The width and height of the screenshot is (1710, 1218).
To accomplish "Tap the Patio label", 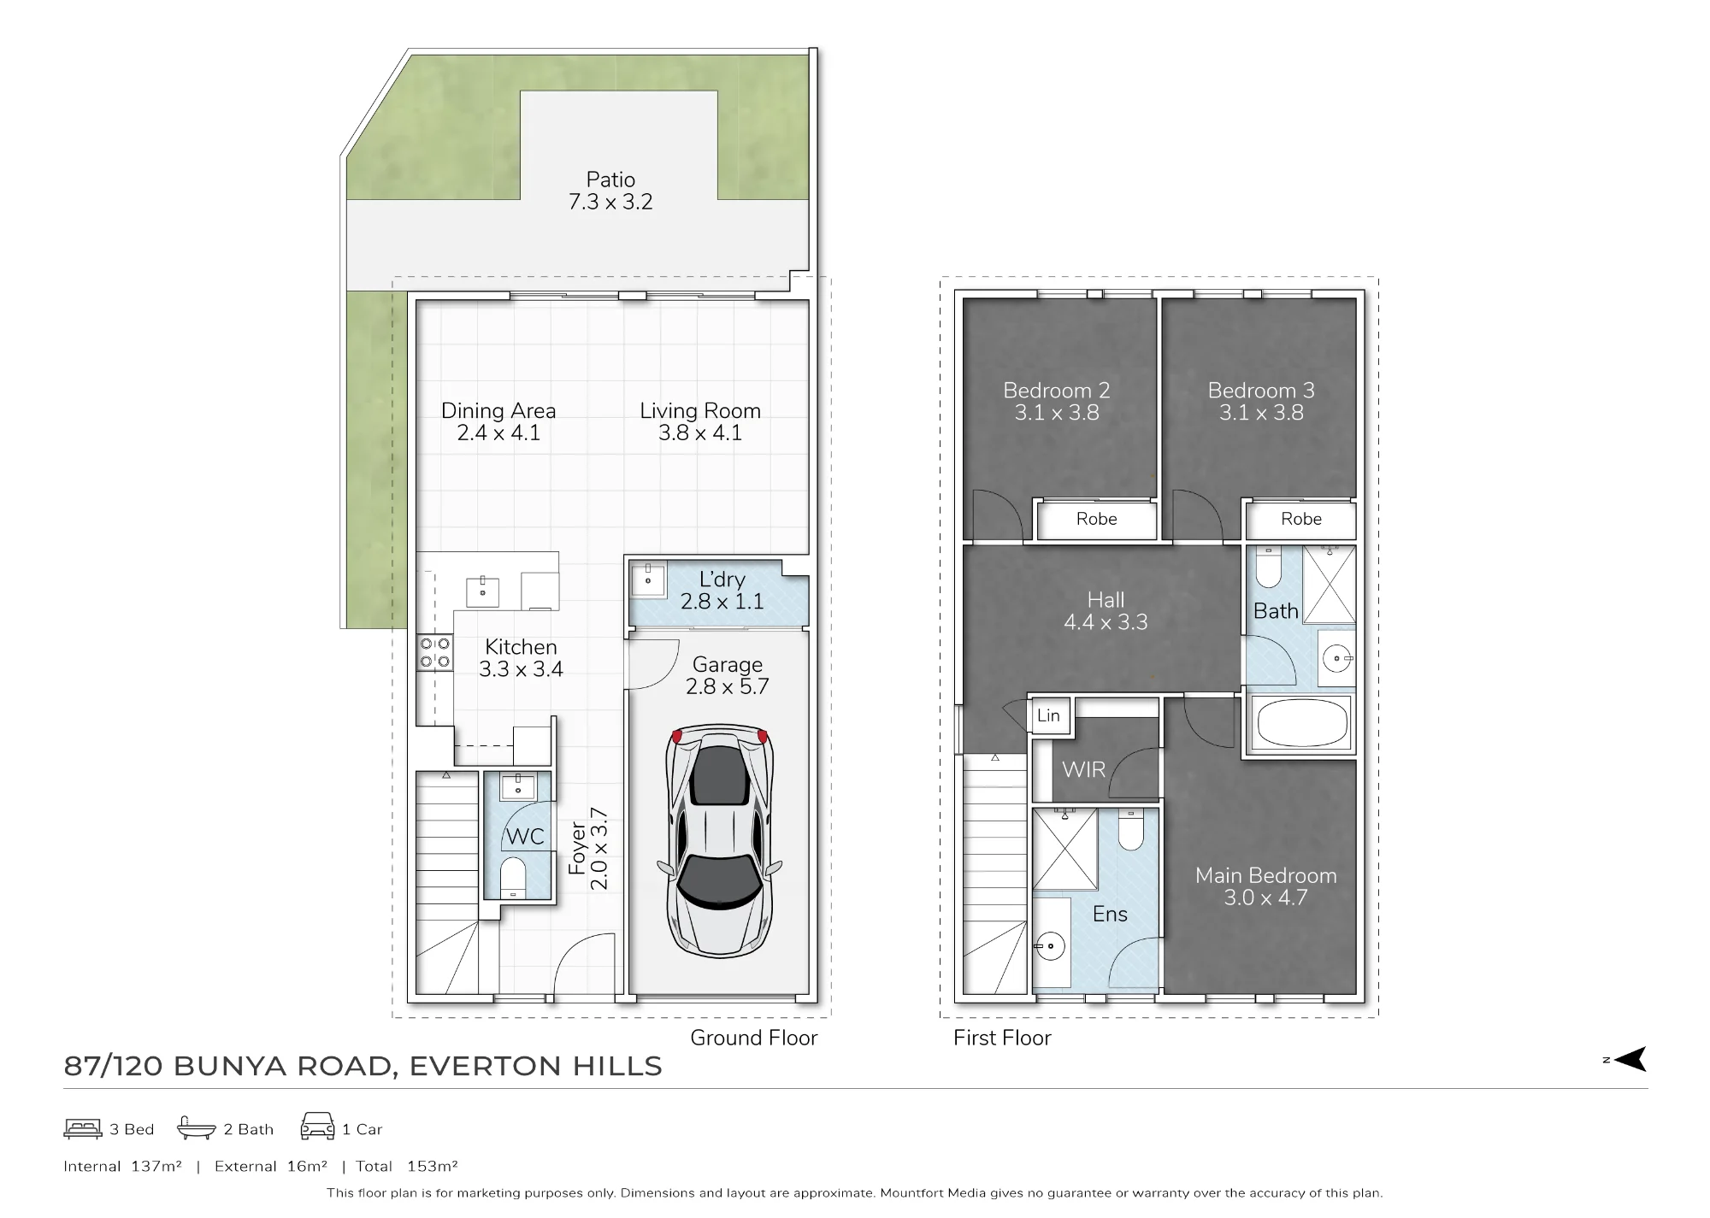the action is tap(610, 179).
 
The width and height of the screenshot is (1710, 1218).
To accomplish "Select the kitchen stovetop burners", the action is tap(434, 652).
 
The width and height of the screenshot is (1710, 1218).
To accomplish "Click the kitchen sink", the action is tap(482, 591).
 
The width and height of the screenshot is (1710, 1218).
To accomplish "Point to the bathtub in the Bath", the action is tap(1302, 723).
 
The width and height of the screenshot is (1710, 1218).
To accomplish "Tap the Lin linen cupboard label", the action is tap(1048, 715).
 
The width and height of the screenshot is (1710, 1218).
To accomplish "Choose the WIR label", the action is tap(1083, 769).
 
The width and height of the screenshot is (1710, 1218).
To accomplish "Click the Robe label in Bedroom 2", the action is tap(1096, 519).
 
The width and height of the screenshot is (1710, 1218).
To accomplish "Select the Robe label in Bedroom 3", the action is tap(1300, 519).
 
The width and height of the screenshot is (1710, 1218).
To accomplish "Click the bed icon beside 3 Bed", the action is tap(82, 1128).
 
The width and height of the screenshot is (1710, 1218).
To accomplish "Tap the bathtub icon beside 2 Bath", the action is tap(196, 1128).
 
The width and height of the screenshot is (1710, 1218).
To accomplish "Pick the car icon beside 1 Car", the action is tap(317, 1127).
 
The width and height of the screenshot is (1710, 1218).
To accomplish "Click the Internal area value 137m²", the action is tap(156, 1166).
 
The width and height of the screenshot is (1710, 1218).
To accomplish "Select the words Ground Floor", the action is tap(753, 1038).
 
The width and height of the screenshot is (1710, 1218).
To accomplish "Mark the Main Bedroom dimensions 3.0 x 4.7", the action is tap(1265, 897).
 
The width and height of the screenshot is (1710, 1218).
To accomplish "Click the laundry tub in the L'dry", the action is tap(648, 580).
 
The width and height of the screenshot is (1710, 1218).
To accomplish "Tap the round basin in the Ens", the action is tap(1050, 946).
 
